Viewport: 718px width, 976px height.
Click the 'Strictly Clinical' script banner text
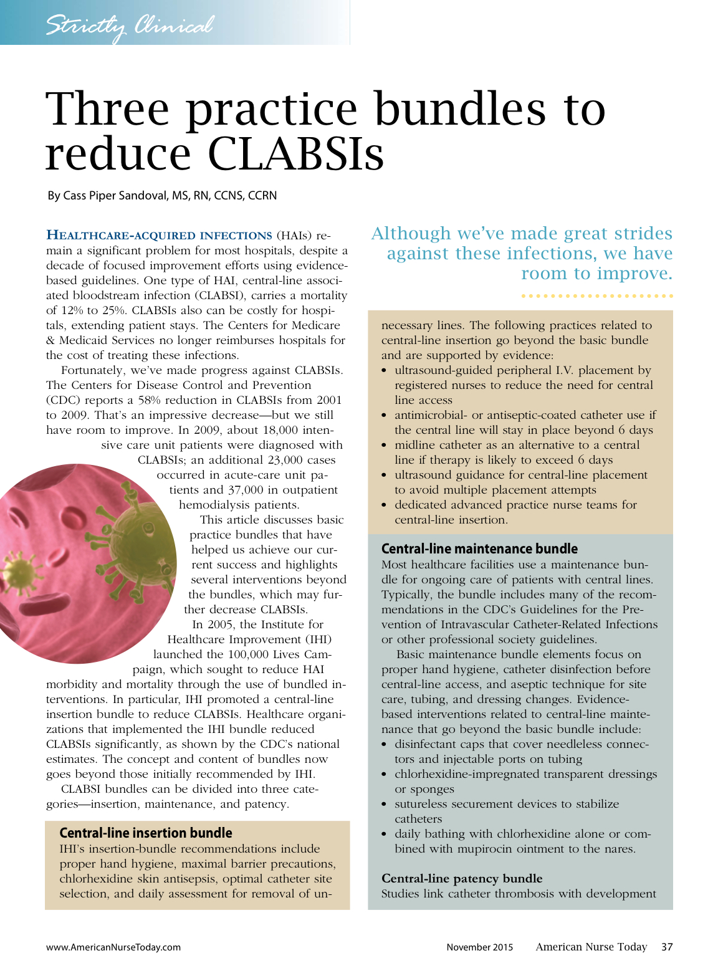pos(129,26)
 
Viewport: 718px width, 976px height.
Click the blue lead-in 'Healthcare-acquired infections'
pos(159,236)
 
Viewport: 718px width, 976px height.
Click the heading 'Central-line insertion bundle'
pos(146,833)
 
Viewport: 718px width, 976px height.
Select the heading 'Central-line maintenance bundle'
pos(479,548)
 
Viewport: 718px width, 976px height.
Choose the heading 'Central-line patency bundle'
pos(462,879)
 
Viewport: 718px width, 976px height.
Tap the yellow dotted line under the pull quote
pos(597,295)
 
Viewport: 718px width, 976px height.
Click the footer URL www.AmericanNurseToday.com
pos(113,947)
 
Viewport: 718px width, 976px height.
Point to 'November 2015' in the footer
pos(479,947)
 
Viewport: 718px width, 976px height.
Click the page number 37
pos(667,947)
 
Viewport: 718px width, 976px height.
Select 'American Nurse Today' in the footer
pos(591,947)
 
